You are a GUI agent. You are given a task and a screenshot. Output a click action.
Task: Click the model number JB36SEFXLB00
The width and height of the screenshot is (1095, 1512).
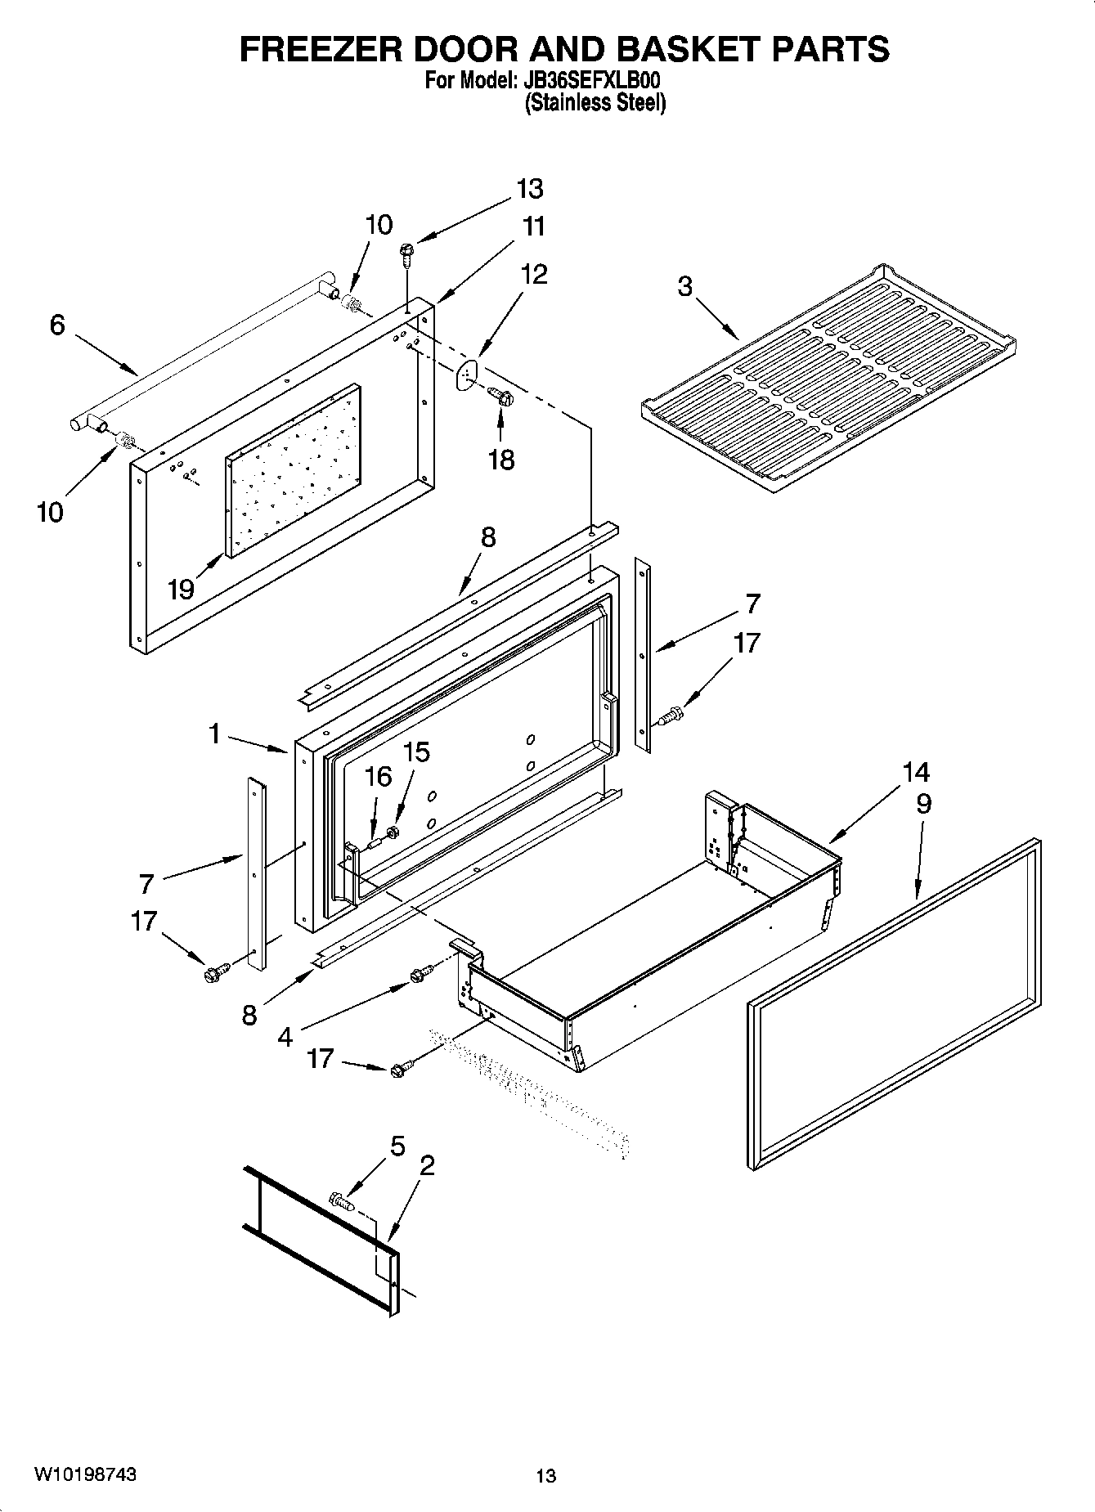pos(590,82)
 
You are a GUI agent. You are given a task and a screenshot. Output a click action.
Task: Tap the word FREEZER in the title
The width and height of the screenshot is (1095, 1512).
pos(325,49)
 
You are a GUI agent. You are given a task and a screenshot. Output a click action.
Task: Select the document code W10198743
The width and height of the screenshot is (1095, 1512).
pos(86,1474)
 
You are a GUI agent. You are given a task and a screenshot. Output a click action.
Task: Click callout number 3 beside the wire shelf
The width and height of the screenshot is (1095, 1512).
pos(685,287)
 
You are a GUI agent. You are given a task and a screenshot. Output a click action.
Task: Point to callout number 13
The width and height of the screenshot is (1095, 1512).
pos(530,189)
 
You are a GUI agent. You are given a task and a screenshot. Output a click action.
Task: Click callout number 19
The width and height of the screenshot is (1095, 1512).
pos(181,588)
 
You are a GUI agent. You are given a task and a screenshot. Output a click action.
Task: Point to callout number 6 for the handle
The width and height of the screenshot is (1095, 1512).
pos(56,325)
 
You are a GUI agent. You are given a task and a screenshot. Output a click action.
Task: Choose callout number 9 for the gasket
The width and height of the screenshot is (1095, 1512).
pos(923,804)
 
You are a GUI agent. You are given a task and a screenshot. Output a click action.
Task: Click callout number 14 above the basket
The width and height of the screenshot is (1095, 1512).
pos(917,772)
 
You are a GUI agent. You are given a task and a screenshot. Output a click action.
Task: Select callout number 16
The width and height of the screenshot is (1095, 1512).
pos(378,777)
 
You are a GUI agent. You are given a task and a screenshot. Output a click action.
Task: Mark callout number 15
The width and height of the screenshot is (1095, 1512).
pos(417,752)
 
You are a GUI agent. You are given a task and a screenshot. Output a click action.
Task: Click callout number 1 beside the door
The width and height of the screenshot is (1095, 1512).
pos(214,734)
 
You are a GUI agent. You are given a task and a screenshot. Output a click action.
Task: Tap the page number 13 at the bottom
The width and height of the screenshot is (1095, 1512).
pos(545,1476)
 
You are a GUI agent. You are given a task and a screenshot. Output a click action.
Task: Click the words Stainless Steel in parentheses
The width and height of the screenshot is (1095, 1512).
pos(595,103)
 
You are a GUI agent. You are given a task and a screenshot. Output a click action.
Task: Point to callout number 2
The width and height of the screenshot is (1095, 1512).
pos(426,1165)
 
